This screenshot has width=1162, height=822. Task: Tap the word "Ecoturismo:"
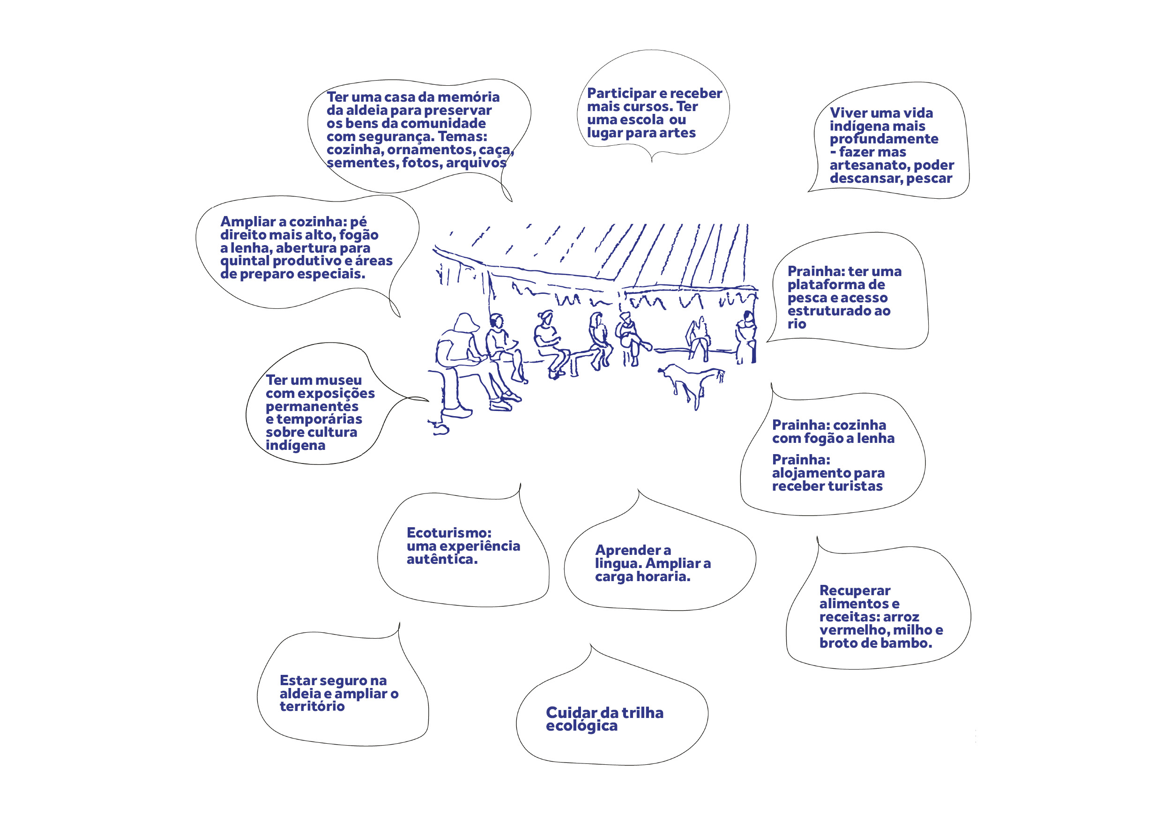449,533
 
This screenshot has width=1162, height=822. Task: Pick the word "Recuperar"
855,590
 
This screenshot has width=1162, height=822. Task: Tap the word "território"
312,707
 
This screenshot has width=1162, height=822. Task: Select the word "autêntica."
442,559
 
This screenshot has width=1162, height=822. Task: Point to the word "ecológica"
581,726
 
